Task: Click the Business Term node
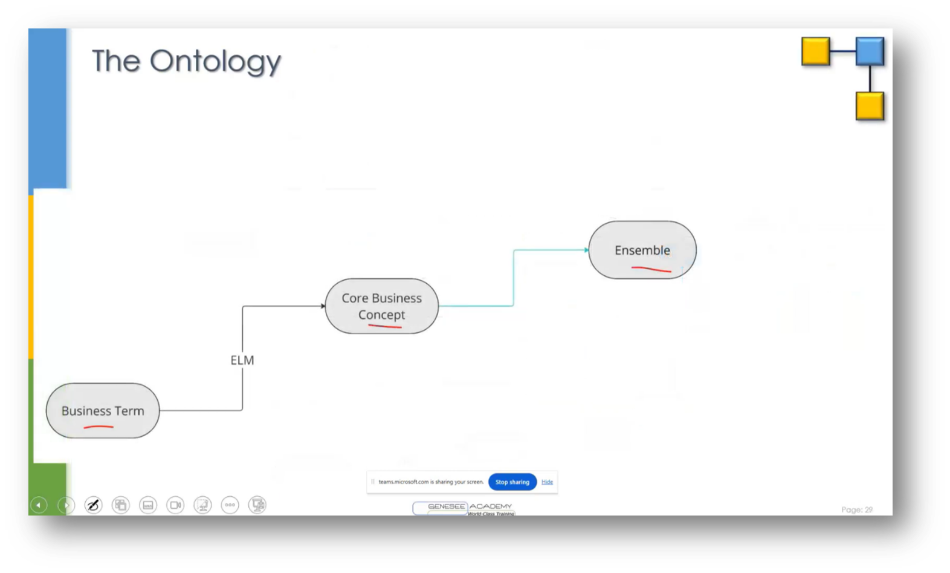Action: pyautogui.click(x=103, y=410)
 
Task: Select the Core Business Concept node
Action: pyautogui.click(x=381, y=306)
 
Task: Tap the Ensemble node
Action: pyautogui.click(x=642, y=250)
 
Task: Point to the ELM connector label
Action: pyautogui.click(x=242, y=360)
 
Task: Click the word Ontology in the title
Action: pyautogui.click(x=215, y=62)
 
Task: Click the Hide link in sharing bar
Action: pyautogui.click(x=547, y=482)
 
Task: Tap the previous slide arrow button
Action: pyautogui.click(x=39, y=505)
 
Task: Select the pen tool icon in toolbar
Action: pyautogui.click(x=93, y=505)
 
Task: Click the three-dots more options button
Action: pyautogui.click(x=230, y=505)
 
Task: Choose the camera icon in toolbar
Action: pyautogui.click(x=175, y=505)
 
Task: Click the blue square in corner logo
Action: pyautogui.click(x=870, y=51)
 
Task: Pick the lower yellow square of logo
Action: pyautogui.click(x=870, y=106)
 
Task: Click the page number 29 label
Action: pyautogui.click(x=857, y=509)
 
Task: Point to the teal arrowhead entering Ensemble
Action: pyautogui.click(x=586, y=250)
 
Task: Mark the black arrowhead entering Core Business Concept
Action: pyautogui.click(x=323, y=306)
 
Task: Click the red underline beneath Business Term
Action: pyautogui.click(x=99, y=427)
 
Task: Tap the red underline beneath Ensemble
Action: pyautogui.click(x=651, y=269)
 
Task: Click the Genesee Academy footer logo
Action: pyautogui.click(x=464, y=508)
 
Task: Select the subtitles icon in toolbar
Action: pyautogui.click(x=148, y=505)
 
